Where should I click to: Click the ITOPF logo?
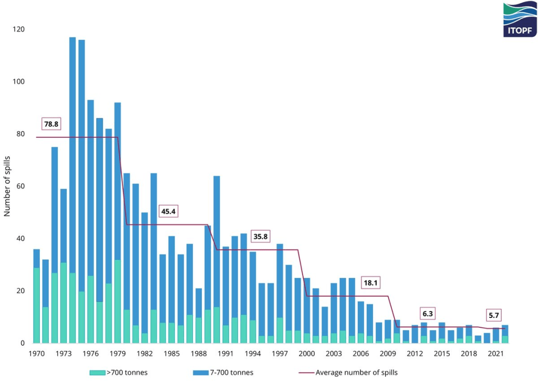520,19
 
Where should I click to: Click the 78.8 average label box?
51,124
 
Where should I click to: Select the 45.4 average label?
169,212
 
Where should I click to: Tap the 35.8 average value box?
261,237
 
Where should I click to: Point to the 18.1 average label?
370,283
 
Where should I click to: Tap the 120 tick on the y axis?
19,29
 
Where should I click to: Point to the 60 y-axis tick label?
20,186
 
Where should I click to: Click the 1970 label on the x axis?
36,353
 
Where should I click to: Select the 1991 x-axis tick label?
226,353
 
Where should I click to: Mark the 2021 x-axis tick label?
495,353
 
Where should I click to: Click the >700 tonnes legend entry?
119,373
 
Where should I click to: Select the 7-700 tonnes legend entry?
223,373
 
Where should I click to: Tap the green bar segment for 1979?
117,301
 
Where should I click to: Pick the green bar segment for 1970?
37,305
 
